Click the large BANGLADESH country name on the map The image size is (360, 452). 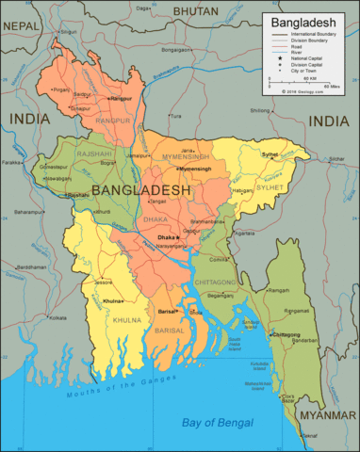click(x=141, y=190)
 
